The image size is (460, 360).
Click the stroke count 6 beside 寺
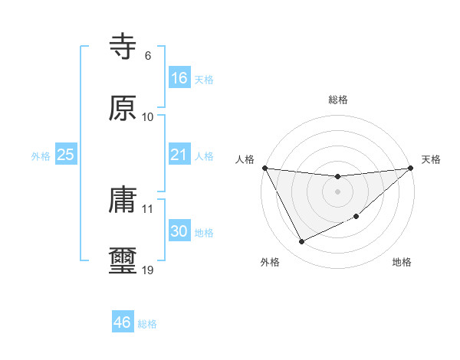(147, 56)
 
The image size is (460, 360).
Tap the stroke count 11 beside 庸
(147, 208)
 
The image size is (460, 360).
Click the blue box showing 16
(179, 78)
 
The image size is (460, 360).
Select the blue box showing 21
(179, 155)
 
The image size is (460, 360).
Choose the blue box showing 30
(179, 231)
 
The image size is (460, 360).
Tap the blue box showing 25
(66, 155)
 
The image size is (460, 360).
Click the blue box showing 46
(123, 322)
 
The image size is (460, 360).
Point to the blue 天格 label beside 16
(204, 80)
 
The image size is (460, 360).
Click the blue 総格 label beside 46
(147, 324)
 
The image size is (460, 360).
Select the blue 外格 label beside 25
(41, 156)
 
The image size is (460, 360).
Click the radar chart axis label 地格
(402, 263)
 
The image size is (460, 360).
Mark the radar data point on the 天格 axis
(412, 169)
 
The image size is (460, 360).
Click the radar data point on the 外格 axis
(301, 242)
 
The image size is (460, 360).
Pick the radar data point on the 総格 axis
(337, 177)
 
